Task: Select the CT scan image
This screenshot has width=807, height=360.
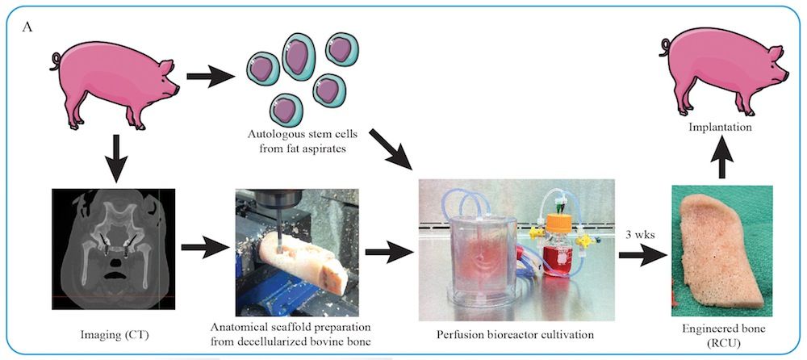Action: click(113, 250)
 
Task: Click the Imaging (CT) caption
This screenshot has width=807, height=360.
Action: click(114, 331)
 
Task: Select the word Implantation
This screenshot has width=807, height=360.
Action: click(721, 127)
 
